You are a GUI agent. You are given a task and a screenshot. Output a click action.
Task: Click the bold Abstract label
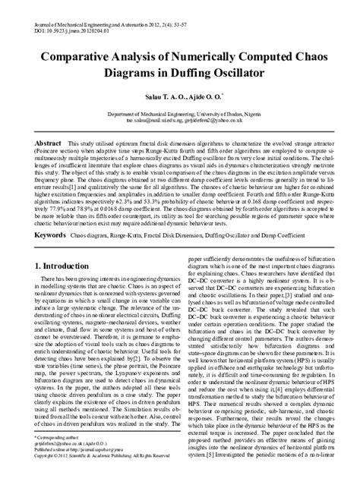coord(49,142)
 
